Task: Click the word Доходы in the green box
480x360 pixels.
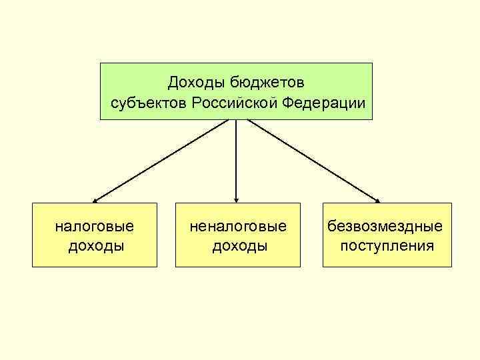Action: (x=197, y=83)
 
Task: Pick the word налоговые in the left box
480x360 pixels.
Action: (x=94, y=227)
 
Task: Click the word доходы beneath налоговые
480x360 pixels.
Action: (x=95, y=246)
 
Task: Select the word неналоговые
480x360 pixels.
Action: (x=238, y=227)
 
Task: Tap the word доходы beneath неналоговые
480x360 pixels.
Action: (x=239, y=246)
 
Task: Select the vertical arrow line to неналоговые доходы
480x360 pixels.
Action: (x=237, y=160)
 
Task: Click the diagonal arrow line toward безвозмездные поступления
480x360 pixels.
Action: (x=313, y=160)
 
